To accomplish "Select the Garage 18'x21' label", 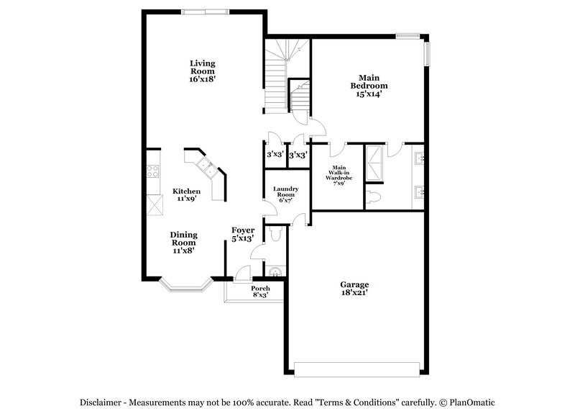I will [355, 288].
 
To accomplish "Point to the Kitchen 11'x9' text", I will [185, 195].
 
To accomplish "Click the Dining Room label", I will [184, 243].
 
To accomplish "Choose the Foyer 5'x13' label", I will [242, 234].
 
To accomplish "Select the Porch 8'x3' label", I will [260, 292].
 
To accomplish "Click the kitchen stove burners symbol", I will [153, 171].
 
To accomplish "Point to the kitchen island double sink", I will [207, 168].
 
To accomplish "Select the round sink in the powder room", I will [274, 271].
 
